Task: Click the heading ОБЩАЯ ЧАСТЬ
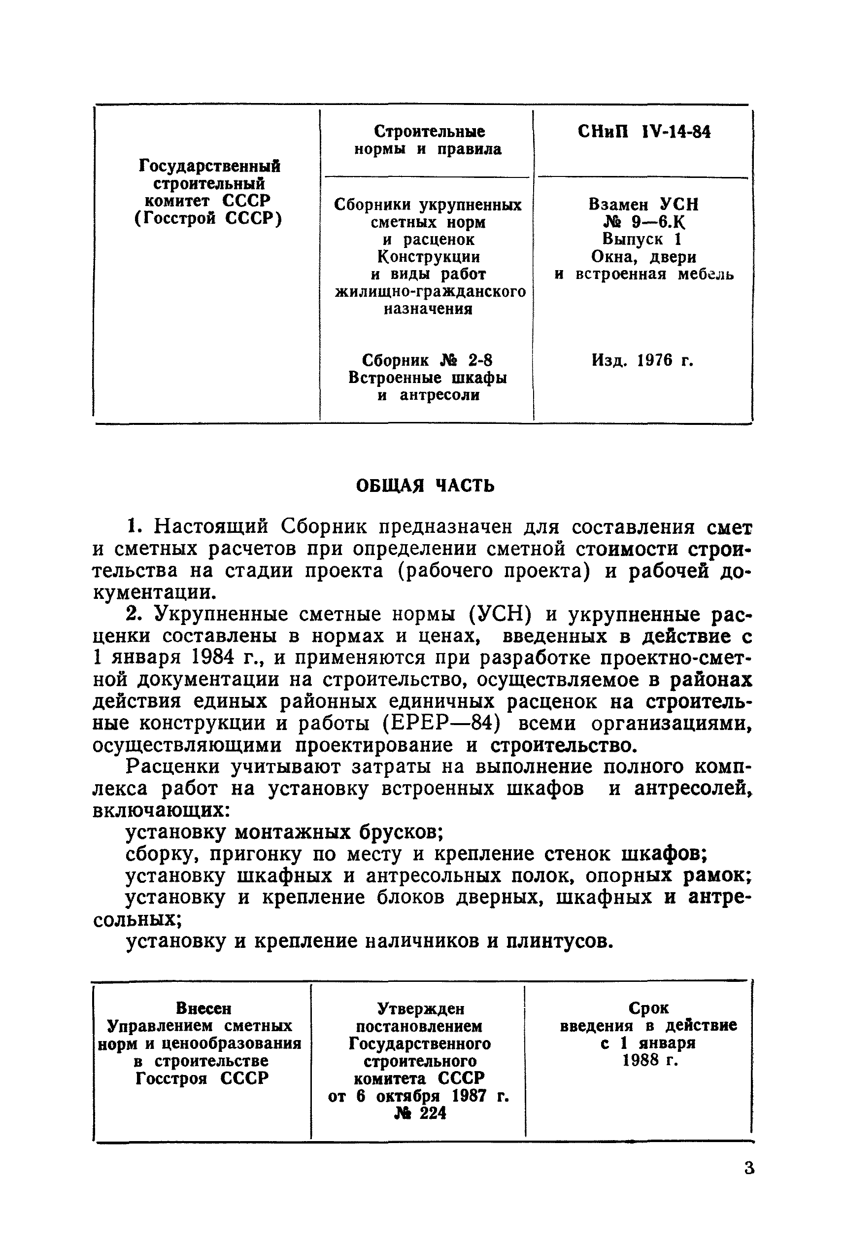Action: click(425, 486)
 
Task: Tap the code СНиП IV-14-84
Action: click(644, 132)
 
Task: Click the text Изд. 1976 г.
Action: click(642, 360)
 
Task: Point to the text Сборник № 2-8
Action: click(427, 360)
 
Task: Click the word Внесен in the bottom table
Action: click(203, 1008)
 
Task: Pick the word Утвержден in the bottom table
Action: click(420, 1008)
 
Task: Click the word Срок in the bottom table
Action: click(648, 1008)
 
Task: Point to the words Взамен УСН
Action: click(643, 205)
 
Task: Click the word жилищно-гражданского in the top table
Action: click(430, 291)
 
